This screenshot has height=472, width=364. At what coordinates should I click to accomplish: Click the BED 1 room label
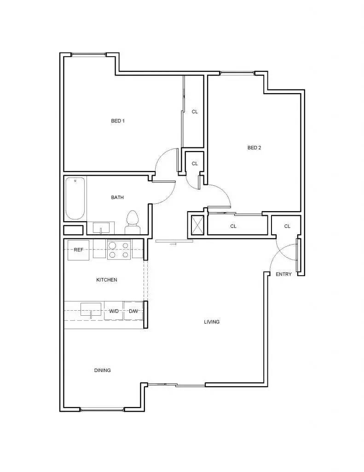point(118,121)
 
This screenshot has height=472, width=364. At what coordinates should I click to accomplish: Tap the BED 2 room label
point(254,148)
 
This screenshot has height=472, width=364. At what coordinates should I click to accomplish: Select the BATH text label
point(117,198)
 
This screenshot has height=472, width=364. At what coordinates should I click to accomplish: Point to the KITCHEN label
point(106,280)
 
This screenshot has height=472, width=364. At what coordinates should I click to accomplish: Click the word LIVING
point(212,322)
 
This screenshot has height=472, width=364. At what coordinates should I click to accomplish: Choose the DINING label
point(102,370)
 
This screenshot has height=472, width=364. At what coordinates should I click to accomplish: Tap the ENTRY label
point(283,274)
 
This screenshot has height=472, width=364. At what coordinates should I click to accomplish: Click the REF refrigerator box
point(78,250)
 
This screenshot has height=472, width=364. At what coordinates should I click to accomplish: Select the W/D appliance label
point(114,312)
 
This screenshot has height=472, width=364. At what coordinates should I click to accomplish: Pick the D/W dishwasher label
point(133,312)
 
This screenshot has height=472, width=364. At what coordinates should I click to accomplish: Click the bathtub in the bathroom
point(75,199)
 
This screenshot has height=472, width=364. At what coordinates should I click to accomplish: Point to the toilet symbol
point(133,222)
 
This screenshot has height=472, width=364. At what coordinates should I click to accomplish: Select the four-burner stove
point(119,249)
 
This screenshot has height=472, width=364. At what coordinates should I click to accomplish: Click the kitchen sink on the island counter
point(91,309)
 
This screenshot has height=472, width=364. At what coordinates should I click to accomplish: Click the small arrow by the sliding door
point(173,244)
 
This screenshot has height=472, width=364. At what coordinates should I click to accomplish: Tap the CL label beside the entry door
point(287,226)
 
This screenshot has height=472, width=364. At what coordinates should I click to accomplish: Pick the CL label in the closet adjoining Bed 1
point(195,112)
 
